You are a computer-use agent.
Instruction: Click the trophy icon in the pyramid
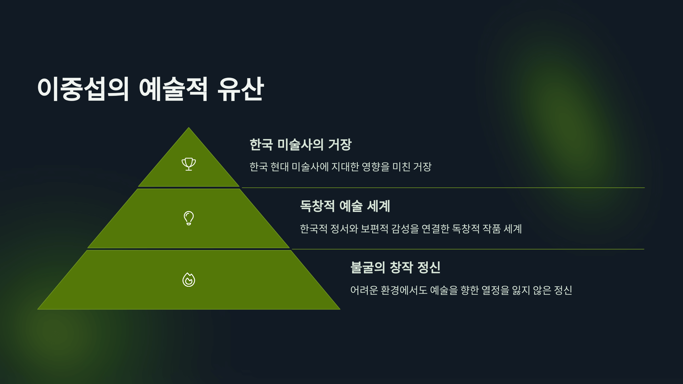click(x=189, y=164)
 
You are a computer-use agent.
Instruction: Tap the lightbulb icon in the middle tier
click(x=189, y=218)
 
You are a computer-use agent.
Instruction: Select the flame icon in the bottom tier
click(x=189, y=280)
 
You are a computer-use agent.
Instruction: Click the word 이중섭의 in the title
click(x=83, y=89)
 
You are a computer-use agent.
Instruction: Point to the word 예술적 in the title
click(x=173, y=89)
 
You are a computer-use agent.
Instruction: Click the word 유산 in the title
click(x=241, y=89)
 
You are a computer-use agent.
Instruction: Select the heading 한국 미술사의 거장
click(x=301, y=144)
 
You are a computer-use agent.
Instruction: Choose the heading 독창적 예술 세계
click(x=345, y=206)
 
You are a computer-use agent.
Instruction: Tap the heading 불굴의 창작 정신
click(x=395, y=267)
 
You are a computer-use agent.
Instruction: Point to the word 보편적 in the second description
click(x=374, y=229)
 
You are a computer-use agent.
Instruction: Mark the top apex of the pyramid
click(x=189, y=128)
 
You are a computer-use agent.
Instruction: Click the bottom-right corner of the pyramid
click(x=340, y=309)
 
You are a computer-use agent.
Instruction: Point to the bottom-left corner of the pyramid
click(x=38, y=309)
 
